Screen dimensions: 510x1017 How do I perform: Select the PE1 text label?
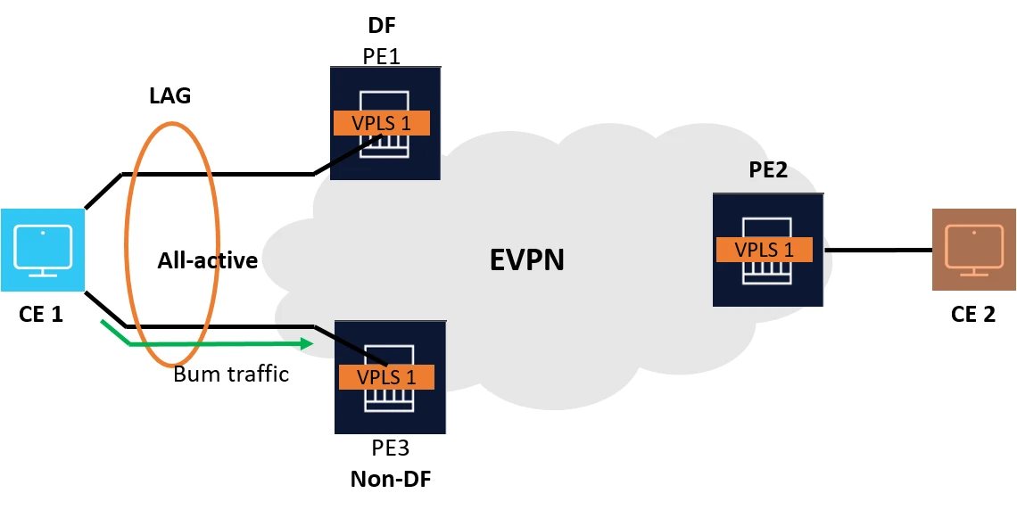(381, 56)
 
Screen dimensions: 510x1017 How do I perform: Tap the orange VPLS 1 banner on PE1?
(382, 123)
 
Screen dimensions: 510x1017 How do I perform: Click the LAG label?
(169, 95)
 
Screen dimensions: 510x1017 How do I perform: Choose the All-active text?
(208, 260)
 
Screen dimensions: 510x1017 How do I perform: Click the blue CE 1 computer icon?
(42, 250)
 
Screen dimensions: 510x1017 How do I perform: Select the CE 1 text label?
(41, 314)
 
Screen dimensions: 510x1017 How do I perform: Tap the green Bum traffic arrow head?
(308, 343)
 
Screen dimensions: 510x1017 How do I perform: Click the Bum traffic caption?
(231, 374)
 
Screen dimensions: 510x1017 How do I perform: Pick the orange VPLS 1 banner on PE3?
(386, 377)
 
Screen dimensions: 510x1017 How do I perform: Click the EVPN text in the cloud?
(528, 259)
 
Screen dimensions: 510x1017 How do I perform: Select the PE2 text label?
(768, 169)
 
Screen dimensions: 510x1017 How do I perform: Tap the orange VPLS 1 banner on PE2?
(765, 250)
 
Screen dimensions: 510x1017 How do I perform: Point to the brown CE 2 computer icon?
(973, 250)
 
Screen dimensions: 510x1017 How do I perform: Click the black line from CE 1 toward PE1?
(223, 174)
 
